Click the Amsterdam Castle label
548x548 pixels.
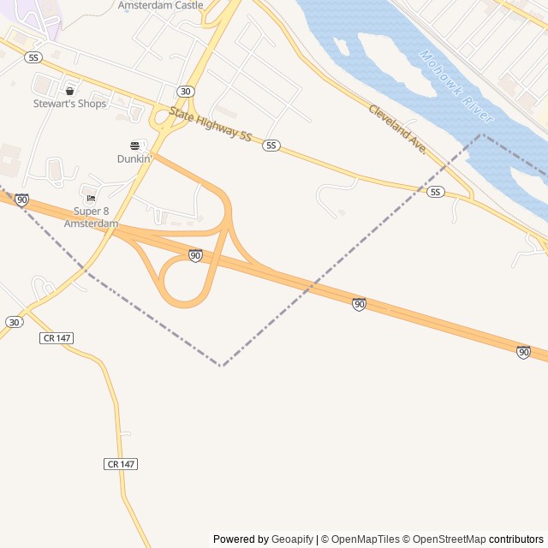tap(161, 5)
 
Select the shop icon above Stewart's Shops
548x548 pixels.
tap(69, 91)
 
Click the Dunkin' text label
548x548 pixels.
tap(134, 158)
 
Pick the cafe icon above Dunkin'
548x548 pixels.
tap(134, 146)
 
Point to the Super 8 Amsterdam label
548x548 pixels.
tap(91, 217)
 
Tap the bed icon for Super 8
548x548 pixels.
tap(91, 199)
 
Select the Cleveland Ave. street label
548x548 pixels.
tap(398, 129)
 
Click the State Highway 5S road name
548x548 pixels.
tap(210, 125)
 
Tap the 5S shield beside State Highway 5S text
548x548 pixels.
tap(271, 146)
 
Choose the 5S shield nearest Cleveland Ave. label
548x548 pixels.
tap(436, 192)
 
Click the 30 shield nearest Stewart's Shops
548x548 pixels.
tap(186, 91)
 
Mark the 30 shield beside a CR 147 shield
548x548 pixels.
tap(14, 322)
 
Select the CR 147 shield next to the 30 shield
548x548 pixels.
tap(57, 338)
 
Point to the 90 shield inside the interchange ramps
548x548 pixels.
tap(195, 255)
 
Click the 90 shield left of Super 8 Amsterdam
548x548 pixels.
tap(21, 200)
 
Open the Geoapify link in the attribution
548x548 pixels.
tap(292, 539)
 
